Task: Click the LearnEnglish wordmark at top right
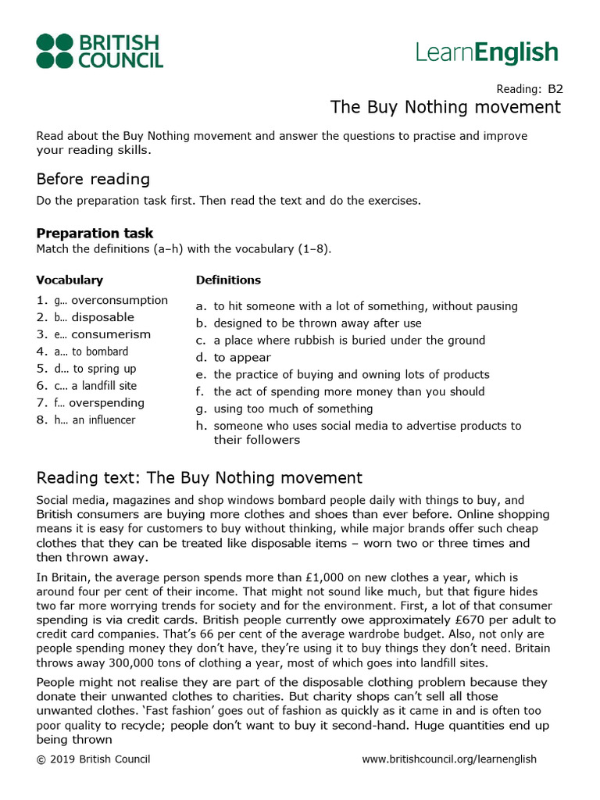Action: [x=487, y=53]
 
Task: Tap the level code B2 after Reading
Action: [x=555, y=88]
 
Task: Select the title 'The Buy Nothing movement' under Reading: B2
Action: [x=445, y=107]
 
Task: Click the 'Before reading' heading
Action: [x=93, y=179]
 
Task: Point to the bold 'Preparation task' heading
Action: [x=95, y=233]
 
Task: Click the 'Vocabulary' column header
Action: [x=70, y=280]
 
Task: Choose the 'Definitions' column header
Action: [x=228, y=280]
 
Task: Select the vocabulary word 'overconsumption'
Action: [x=120, y=300]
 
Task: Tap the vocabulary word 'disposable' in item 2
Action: [x=102, y=317]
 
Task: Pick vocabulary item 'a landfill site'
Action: [x=104, y=386]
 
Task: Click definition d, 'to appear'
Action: [x=242, y=357]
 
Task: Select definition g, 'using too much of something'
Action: [x=293, y=409]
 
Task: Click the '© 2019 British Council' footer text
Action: [x=93, y=759]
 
